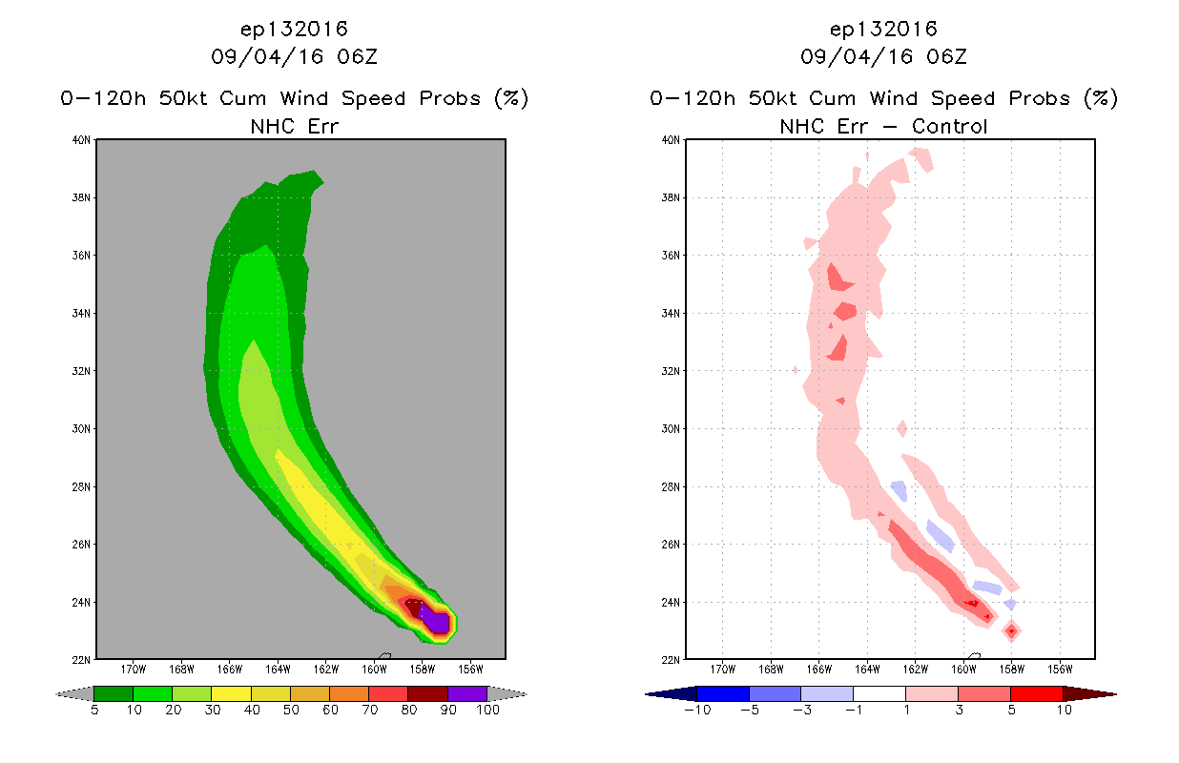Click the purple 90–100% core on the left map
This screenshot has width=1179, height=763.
click(x=437, y=621)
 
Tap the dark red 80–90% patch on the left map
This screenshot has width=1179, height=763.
click(x=413, y=607)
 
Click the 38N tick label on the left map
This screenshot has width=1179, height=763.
click(x=81, y=197)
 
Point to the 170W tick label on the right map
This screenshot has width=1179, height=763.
click(x=723, y=670)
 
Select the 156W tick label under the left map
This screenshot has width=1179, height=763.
click(x=470, y=670)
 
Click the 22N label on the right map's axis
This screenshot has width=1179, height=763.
click(x=671, y=660)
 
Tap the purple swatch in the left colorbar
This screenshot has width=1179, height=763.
click(x=467, y=693)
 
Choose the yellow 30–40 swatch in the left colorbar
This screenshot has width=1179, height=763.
click(x=232, y=693)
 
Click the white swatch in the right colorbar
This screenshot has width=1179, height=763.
click(x=879, y=693)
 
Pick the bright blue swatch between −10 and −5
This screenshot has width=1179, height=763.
click(x=723, y=693)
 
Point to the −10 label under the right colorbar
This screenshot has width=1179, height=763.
click(x=697, y=710)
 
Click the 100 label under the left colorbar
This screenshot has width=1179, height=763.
click(x=488, y=710)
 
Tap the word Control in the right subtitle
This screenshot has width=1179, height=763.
click(x=949, y=126)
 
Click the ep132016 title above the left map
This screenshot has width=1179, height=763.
click(x=294, y=29)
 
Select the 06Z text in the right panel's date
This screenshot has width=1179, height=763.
click(x=946, y=56)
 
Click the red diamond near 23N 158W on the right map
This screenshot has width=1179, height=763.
click(x=1011, y=631)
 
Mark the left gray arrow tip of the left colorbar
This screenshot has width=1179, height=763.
click(x=56, y=694)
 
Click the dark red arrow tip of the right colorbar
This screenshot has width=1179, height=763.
click(x=1115, y=694)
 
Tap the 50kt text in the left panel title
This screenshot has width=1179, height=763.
click(x=183, y=98)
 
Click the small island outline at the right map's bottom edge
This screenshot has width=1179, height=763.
click(x=974, y=655)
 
